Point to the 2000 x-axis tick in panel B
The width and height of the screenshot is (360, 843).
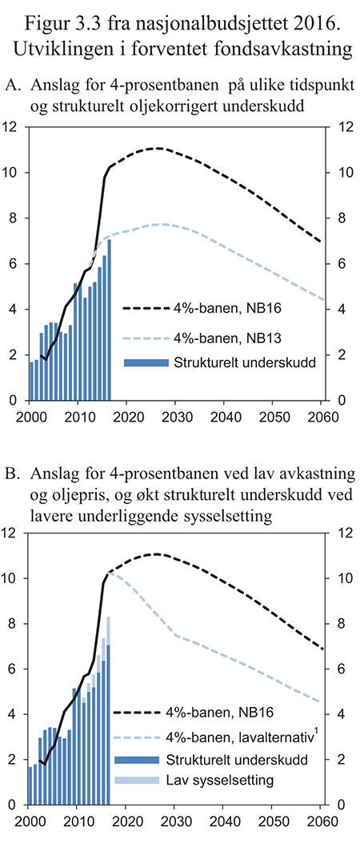[x=30, y=822]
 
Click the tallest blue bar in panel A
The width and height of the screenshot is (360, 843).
[x=109, y=320]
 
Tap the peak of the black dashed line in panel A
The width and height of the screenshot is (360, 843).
[x=158, y=148]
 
